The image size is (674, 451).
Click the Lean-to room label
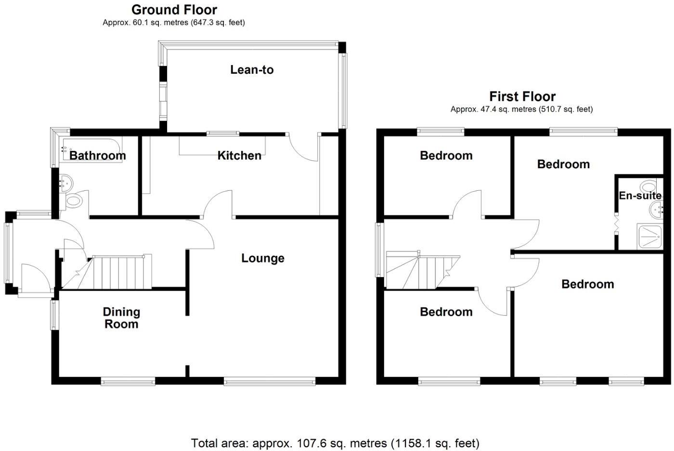tap(252, 70)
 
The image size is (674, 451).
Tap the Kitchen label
tap(239, 156)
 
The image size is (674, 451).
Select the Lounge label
tap(263, 258)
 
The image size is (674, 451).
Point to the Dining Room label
tap(121, 318)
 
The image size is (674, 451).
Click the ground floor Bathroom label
tap(98, 156)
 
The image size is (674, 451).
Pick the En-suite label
tap(640, 196)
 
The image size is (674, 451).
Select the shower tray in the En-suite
tap(650, 236)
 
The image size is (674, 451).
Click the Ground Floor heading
tap(174, 10)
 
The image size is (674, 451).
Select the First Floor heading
tap(522, 96)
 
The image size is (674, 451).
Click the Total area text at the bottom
tap(335, 443)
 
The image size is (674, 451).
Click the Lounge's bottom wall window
tap(270, 382)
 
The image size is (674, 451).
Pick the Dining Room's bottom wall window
tap(128, 382)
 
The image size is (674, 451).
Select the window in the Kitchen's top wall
tap(223, 133)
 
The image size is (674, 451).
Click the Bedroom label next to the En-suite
tap(563, 164)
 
